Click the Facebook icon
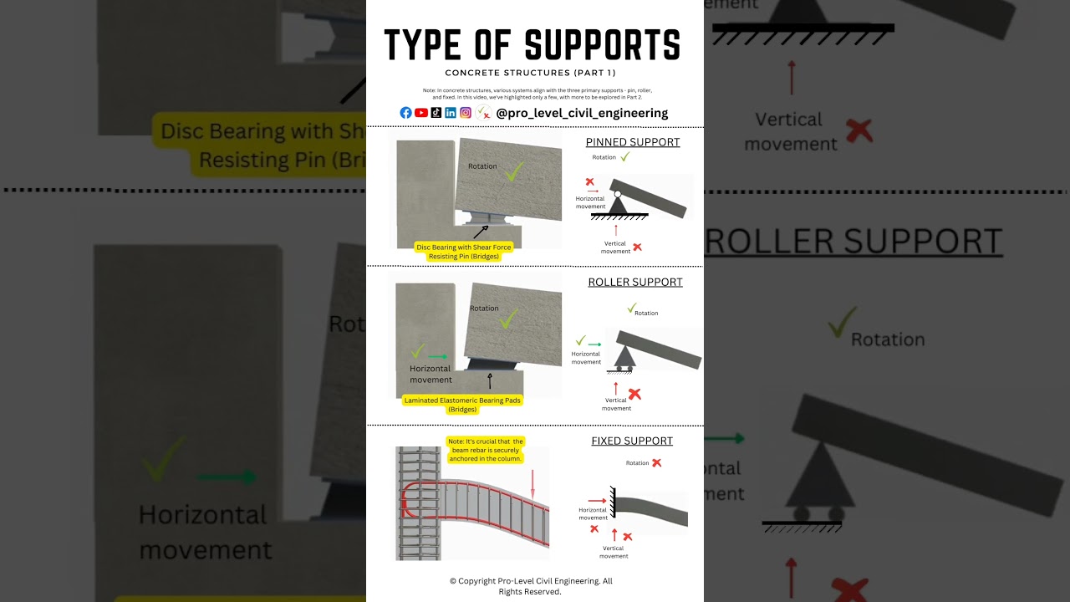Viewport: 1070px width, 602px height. [405, 113]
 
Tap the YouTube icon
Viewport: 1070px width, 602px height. [421, 113]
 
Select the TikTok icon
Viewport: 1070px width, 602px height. [436, 113]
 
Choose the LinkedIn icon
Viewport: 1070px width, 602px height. [451, 113]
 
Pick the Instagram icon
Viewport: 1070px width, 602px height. [466, 113]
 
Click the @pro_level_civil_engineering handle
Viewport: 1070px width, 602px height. [581, 113]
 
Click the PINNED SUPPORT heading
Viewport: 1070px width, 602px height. [633, 142]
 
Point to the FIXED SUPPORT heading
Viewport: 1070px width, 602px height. [632, 441]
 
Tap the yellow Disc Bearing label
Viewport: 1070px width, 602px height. [463, 252]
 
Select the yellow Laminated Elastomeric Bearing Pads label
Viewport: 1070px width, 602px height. [462, 405]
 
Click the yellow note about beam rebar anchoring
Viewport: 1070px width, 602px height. [486, 450]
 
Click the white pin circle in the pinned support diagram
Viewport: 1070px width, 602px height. [617, 194]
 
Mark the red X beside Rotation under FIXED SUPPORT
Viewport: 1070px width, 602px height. [657, 462]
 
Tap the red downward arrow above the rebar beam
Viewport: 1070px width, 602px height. [532, 482]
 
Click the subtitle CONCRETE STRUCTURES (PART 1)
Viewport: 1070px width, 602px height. [531, 73]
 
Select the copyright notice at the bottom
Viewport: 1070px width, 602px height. [531, 586]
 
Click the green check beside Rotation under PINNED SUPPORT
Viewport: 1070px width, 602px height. [624, 156]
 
